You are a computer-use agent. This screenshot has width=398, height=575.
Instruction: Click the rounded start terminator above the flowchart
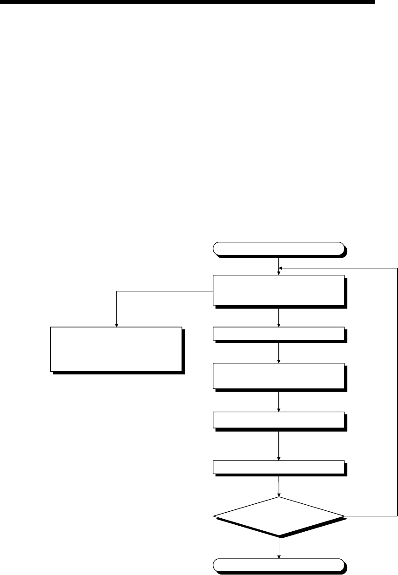coord(278,249)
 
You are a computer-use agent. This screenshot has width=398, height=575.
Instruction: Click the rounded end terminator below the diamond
coord(278,564)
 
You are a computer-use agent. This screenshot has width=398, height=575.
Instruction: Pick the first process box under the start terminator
coord(278,290)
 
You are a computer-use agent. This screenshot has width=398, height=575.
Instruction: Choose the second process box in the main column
coord(278,334)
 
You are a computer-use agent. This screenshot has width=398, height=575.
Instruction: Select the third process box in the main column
coord(278,376)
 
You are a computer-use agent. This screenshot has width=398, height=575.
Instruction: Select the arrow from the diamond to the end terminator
coord(278,547)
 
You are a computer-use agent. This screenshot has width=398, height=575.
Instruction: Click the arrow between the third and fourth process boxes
coord(278,401)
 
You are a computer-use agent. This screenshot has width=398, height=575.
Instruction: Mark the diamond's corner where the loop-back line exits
coord(344,516)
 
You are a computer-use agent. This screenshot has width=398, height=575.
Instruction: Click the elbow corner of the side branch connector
coord(116,292)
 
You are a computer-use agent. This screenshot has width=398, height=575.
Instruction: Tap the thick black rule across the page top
coord(186,2)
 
